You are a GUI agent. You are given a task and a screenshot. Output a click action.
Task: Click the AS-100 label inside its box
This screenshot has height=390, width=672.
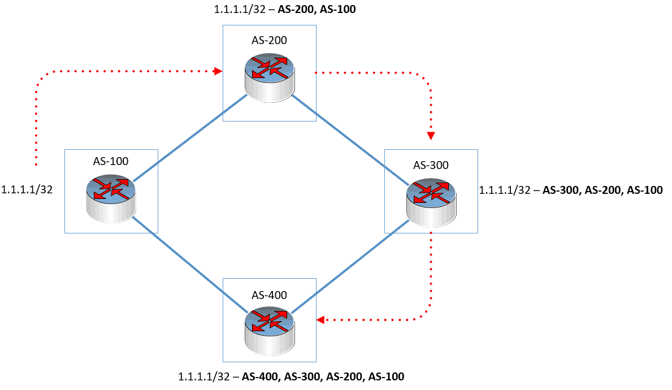tap(111, 161)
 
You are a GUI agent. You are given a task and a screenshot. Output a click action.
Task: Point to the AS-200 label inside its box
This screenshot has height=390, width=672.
tap(269, 40)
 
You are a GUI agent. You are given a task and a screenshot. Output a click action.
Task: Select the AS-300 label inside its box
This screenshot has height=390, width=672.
tap(431, 165)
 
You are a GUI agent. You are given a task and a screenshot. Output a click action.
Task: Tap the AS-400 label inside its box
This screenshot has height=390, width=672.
tap(269, 294)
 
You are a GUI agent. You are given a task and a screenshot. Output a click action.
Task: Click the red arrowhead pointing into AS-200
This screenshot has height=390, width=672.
tap(218, 72)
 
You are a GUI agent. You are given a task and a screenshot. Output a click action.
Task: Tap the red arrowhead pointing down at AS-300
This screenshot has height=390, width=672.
tap(431, 136)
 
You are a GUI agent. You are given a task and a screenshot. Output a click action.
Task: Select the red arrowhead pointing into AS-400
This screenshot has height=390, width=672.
tap(320, 320)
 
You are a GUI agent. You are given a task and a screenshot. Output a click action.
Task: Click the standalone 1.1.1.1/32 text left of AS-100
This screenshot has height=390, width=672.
tap(28, 190)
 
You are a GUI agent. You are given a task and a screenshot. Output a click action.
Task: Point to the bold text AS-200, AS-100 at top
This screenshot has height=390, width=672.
tap(317, 9)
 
